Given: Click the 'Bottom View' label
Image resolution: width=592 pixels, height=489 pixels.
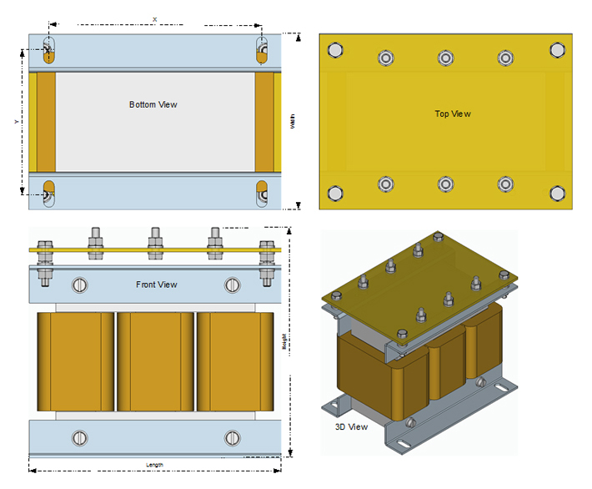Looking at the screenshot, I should click(x=153, y=104).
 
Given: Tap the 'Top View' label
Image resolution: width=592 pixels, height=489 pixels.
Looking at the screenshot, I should click(x=453, y=113).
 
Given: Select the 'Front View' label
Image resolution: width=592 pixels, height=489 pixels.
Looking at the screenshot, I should click(x=157, y=285).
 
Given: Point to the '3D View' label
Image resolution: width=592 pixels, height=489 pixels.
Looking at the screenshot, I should click(x=350, y=426).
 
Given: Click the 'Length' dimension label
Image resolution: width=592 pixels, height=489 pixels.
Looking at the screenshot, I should click(x=153, y=465).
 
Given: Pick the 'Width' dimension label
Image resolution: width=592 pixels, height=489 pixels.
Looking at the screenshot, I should click(x=293, y=122).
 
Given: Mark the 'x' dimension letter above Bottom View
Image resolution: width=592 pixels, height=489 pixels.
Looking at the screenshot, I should click(x=155, y=18).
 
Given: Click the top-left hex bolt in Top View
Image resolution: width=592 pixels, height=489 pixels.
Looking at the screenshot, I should click(x=335, y=49).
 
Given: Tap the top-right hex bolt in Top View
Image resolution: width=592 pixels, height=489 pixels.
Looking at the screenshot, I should click(x=557, y=49).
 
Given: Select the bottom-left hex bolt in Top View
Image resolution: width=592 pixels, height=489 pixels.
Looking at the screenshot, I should click(x=335, y=193).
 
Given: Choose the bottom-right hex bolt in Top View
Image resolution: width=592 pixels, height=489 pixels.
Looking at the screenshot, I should click(x=557, y=193).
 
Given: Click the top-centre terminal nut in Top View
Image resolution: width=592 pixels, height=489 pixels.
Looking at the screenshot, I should click(x=445, y=58).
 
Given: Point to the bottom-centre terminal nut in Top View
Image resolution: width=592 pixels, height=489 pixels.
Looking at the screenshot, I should click(x=445, y=184).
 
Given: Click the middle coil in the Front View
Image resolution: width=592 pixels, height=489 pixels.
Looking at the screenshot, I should click(x=156, y=361).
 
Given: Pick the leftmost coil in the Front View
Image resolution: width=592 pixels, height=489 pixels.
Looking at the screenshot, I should click(x=76, y=361).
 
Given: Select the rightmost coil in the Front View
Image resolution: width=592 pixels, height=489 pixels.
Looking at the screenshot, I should click(x=235, y=361).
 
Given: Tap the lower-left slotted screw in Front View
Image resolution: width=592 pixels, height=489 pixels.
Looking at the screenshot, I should click(x=80, y=437).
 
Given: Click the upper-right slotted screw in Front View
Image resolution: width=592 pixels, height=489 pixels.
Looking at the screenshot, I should click(x=232, y=285).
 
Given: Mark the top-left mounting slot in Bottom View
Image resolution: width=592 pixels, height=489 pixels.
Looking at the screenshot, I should click(x=49, y=50).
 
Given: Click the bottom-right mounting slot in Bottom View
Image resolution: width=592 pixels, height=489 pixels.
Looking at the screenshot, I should click(x=262, y=193).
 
